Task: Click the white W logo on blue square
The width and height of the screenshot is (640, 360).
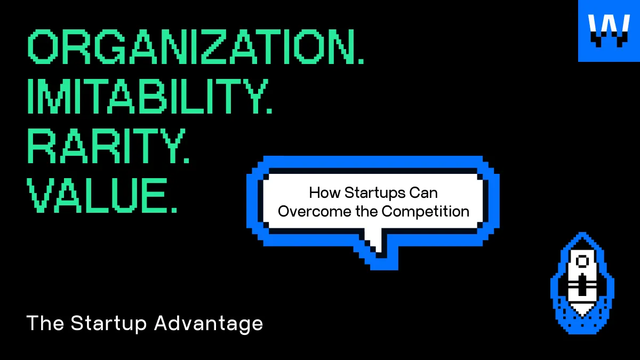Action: (609, 31)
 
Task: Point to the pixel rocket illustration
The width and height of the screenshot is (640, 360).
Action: (582, 283)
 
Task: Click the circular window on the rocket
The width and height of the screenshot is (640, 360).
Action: (582, 261)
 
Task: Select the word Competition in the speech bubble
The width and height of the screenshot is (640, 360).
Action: (426, 211)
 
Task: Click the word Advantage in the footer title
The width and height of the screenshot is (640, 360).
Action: (209, 324)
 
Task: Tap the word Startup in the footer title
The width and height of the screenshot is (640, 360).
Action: (109, 324)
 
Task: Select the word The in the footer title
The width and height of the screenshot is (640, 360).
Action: (45, 323)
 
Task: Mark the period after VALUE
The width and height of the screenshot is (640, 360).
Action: (173, 209)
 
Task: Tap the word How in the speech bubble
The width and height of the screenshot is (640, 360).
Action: (325, 193)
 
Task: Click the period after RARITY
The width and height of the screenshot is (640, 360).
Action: (186, 159)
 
